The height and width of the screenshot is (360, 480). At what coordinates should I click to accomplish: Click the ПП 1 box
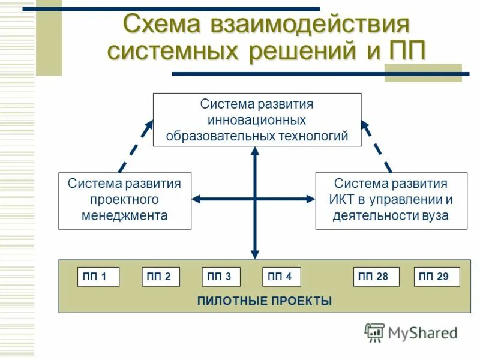point(98,277)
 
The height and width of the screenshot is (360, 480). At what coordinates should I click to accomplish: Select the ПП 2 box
point(160,277)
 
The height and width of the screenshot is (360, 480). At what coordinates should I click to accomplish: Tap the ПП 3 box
point(221,277)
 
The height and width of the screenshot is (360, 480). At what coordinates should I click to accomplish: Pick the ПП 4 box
point(281,277)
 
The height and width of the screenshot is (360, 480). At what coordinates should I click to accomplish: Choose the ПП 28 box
point(376,277)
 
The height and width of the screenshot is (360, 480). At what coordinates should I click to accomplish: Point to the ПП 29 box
point(437,277)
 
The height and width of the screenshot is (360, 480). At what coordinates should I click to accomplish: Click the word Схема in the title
point(161,26)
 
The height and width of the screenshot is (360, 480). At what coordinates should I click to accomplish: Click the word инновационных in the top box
point(257,120)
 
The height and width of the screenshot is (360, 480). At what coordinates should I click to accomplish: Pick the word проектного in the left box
point(124,199)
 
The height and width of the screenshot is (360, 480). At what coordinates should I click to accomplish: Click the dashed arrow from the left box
point(136,146)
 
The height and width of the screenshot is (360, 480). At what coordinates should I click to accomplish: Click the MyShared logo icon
point(374,332)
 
